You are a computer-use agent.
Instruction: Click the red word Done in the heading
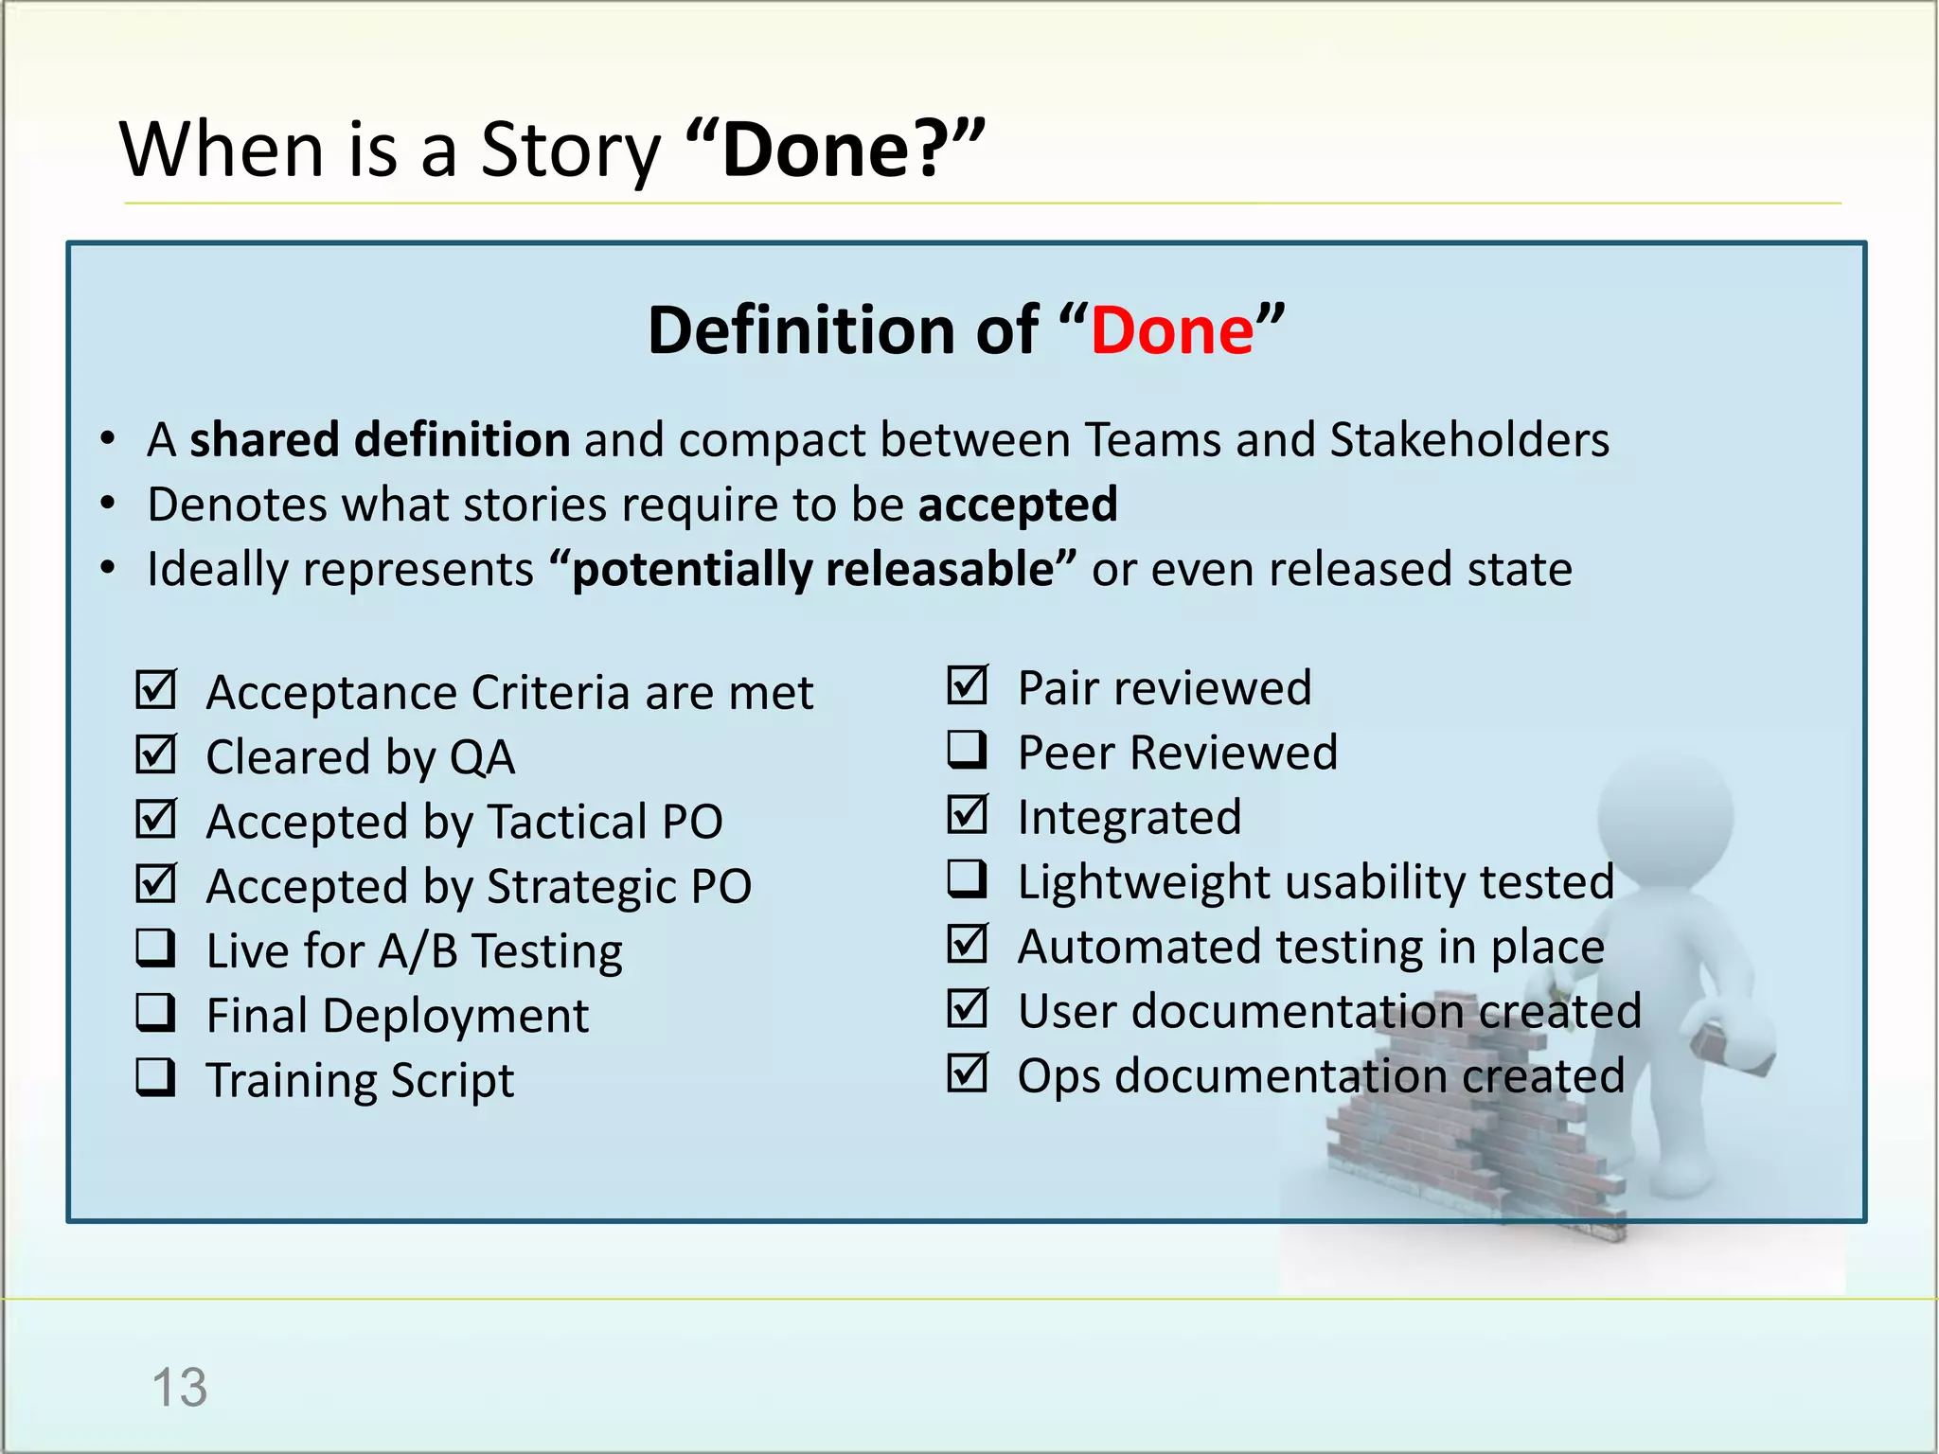click(1172, 330)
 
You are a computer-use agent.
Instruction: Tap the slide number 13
click(179, 1388)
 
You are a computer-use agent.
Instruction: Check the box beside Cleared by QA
click(155, 755)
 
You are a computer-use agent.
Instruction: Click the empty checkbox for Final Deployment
click(155, 1013)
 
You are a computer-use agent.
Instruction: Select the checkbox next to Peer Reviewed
click(967, 750)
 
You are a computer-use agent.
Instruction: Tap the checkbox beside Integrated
click(967, 815)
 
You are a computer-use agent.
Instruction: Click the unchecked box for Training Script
click(155, 1077)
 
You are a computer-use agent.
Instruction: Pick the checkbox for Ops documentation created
click(967, 1073)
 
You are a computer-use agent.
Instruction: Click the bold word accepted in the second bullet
click(1018, 505)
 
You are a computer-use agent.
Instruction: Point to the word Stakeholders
click(1468, 440)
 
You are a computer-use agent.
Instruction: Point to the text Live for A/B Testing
click(415, 950)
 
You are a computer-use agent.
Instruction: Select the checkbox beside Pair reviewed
click(967, 685)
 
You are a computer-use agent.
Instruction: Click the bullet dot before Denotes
click(109, 504)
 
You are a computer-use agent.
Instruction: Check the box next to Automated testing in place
click(967, 944)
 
